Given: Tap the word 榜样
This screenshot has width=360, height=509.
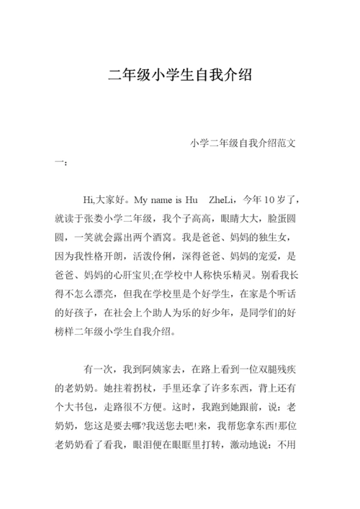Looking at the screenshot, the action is (66, 332).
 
